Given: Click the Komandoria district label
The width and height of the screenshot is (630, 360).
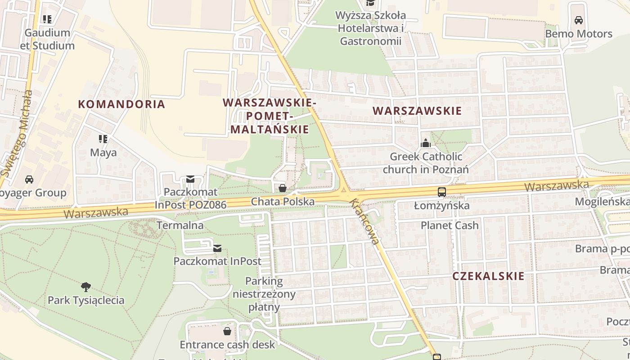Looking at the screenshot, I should pos(121,104).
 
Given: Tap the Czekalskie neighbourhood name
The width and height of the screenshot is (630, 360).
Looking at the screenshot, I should pos(488,276).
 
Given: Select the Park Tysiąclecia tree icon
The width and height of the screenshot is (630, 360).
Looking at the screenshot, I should pos(86,287).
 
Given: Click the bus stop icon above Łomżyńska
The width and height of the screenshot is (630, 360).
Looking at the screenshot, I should pos(441,192).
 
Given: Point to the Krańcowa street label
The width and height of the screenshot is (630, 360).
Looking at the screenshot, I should pos(364,222).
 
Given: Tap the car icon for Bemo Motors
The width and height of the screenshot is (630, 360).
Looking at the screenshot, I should pos(579,20).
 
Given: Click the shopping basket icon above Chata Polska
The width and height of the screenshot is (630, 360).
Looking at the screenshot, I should pos(283,188).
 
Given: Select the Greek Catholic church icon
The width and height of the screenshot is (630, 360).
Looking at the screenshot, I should pos(425,144).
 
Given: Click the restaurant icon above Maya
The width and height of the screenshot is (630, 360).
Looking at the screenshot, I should pos(103,139).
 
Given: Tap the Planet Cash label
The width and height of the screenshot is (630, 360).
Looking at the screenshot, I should pos(450,225).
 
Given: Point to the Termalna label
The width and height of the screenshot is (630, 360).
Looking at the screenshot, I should pos(180,225).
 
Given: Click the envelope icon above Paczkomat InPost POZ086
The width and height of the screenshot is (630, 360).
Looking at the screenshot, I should pos(190,180).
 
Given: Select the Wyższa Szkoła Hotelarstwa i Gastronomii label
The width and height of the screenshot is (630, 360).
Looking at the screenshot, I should pos(371,28).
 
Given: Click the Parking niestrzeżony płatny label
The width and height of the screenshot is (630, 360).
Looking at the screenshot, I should pos(264,294).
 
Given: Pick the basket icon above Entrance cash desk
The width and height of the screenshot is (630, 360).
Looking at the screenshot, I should pos(227,331).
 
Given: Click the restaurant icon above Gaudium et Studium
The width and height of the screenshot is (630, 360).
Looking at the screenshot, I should pos(47,19).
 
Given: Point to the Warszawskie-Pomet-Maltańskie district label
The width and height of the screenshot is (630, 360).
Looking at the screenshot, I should pos(270,116).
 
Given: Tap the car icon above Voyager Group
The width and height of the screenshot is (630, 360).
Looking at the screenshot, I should pos(29,180).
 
